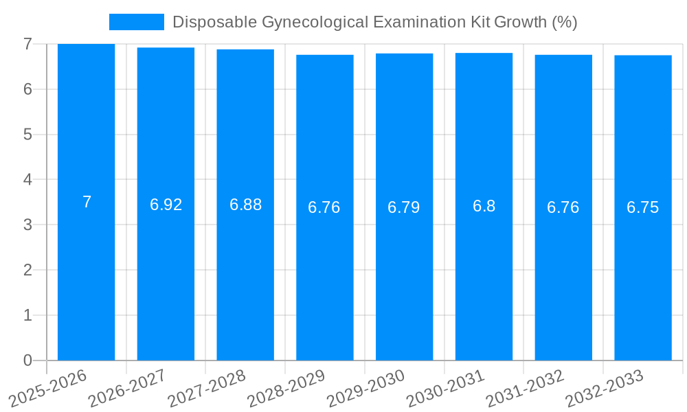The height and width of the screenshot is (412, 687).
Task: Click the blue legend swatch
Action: tap(137, 22)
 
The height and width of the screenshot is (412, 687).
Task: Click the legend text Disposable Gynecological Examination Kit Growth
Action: tap(374, 22)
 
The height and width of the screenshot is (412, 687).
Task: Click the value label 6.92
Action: tap(166, 205)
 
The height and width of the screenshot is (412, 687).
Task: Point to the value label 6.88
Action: tap(245, 205)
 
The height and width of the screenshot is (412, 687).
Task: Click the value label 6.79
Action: tap(404, 207)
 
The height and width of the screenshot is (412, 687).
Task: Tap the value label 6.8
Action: tap(484, 206)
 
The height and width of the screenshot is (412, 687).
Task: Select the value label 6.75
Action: tap(643, 207)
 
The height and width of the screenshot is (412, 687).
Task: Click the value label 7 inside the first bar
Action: tap(87, 202)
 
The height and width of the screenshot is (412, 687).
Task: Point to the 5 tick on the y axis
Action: tap(27, 135)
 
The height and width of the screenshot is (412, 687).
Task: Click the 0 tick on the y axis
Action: tap(27, 360)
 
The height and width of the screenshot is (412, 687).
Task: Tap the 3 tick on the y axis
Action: tap(27, 225)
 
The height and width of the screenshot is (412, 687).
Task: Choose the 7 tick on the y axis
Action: tap(27, 45)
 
